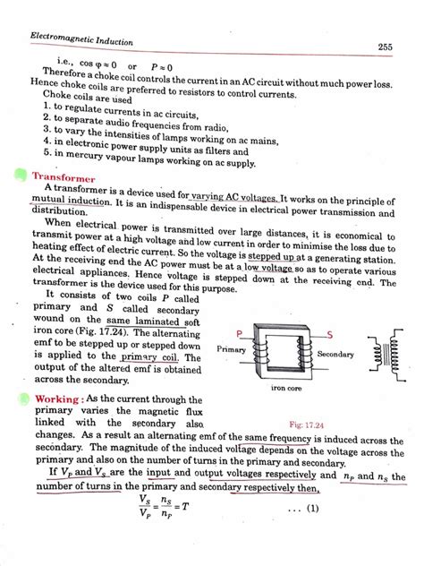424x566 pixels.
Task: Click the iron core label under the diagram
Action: click(289, 389)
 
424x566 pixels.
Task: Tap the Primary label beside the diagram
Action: click(233, 346)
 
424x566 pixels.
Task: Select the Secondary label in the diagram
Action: click(335, 355)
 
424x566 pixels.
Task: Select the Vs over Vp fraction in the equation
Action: click(145, 508)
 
